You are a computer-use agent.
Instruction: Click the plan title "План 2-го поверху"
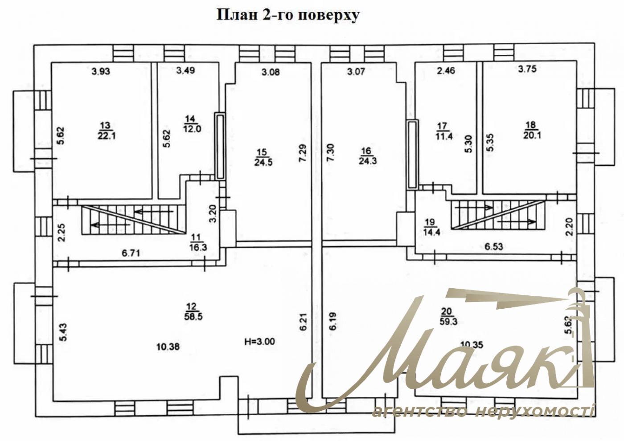288,16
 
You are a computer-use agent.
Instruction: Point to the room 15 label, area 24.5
263,157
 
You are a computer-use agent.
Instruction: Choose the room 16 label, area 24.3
368,156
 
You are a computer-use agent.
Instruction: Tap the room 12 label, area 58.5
193,312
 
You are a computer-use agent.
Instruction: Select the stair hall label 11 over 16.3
198,242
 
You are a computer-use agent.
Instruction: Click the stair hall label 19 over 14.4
431,227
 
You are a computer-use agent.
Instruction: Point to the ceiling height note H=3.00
259,341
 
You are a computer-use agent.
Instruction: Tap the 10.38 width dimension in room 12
168,347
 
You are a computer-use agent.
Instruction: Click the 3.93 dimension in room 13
101,72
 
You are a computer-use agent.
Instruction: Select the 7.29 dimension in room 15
303,152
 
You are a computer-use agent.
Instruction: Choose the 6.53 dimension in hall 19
494,246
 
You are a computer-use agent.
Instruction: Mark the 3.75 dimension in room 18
527,69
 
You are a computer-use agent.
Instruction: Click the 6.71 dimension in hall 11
131,253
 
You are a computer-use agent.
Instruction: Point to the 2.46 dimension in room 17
446,70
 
